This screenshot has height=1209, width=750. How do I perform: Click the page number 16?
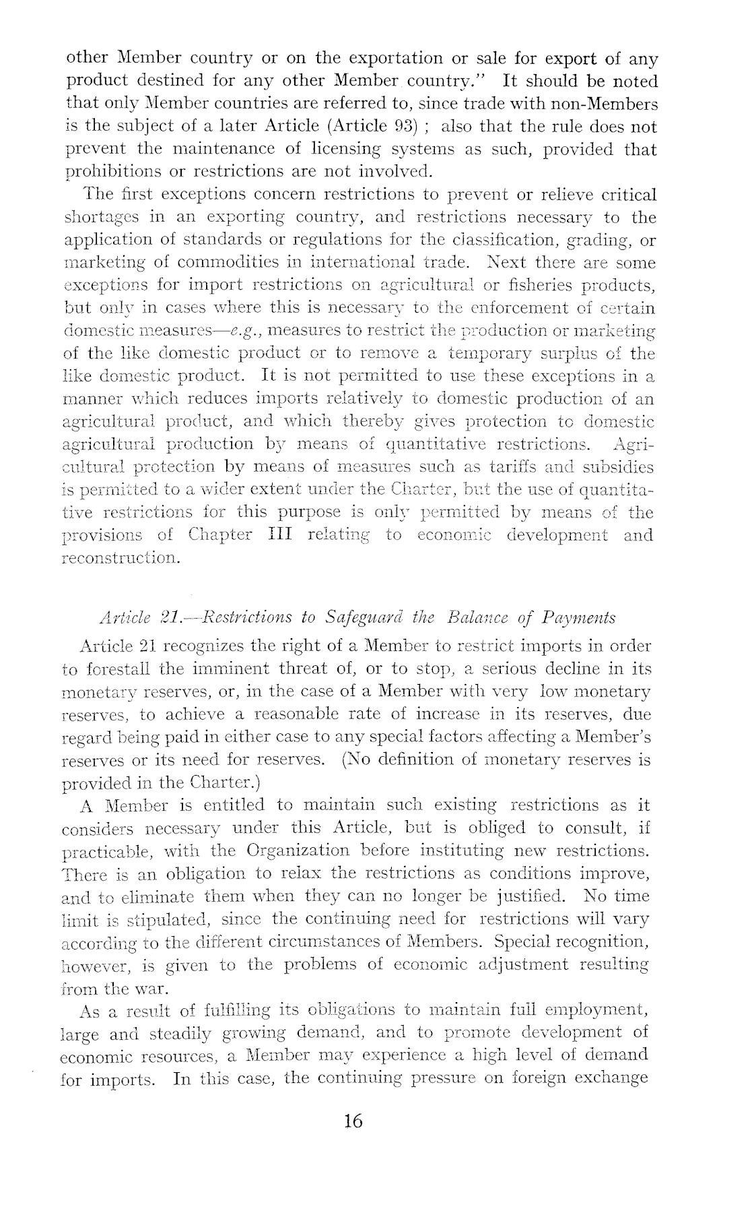click(x=353, y=1120)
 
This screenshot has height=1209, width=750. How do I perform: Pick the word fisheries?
click(x=539, y=285)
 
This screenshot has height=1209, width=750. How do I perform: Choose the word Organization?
click(x=298, y=850)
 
